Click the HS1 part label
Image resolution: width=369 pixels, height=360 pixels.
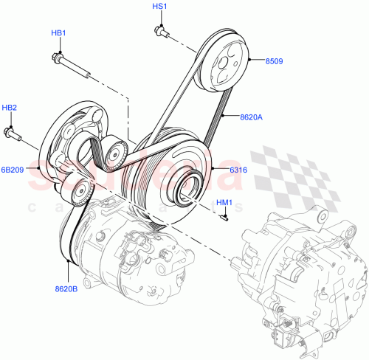tap(159, 7)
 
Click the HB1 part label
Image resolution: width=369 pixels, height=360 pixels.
tap(58, 33)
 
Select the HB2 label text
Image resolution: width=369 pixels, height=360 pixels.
tap(9, 108)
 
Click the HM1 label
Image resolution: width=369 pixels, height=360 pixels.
tap(224, 203)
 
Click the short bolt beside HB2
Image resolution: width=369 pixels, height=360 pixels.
tap(12, 134)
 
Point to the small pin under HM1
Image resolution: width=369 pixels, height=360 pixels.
tap(226, 216)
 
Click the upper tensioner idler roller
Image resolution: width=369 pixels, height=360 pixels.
tap(114, 152)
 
